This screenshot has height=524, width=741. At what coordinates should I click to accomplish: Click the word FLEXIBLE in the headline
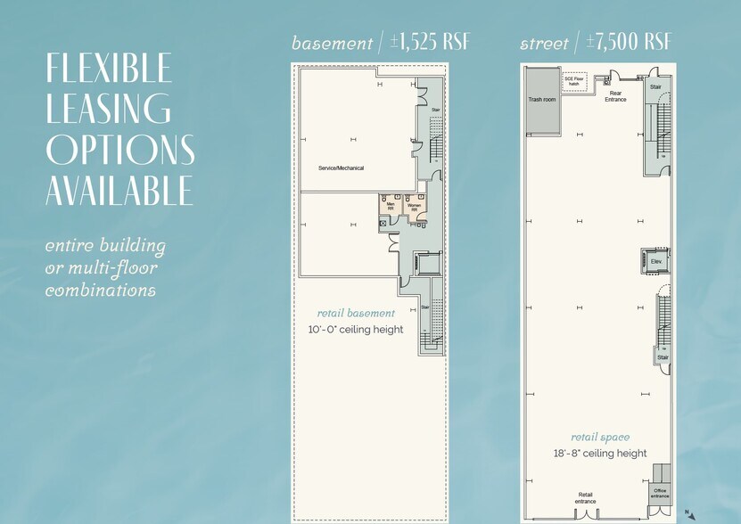pyautogui.click(x=109, y=70)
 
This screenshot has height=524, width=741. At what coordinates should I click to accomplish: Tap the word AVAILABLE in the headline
pyautogui.click(x=119, y=190)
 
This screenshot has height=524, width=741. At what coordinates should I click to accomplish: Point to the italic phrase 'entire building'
pyautogui.click(x=105, y=246)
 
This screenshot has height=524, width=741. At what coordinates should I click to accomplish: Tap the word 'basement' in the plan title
pyautogui.click(x=332, y=44)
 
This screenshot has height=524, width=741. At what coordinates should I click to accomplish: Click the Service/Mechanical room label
pyautogui.click(x=341, y=168)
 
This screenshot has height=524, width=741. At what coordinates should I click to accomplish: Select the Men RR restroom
pyautogui.click(x=391, y=207)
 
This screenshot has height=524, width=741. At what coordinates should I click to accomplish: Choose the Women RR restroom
pyautogui.click(x=415, y=207)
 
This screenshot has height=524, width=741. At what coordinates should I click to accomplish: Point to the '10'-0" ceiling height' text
pyautogui.click(x=356, y=330)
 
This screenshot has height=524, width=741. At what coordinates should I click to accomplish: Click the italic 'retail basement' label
pyautogui.click(x=356, y=313)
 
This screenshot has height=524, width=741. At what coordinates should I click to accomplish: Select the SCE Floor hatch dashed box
pyautogui.click(x=573, y=80)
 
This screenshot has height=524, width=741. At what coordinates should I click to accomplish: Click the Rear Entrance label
pyautogui.click(x=615, y=95)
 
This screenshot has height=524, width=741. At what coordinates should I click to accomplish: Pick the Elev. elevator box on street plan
pyautogui.click(x=655, y=260)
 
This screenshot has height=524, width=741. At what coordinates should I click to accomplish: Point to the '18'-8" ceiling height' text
pyautogui.click(x=600, y=454)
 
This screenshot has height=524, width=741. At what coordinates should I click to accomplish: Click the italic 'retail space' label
pyautogui.click(x=600, y=437)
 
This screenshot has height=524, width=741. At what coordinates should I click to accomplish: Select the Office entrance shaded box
pyautogui.click(x=661, y=491)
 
